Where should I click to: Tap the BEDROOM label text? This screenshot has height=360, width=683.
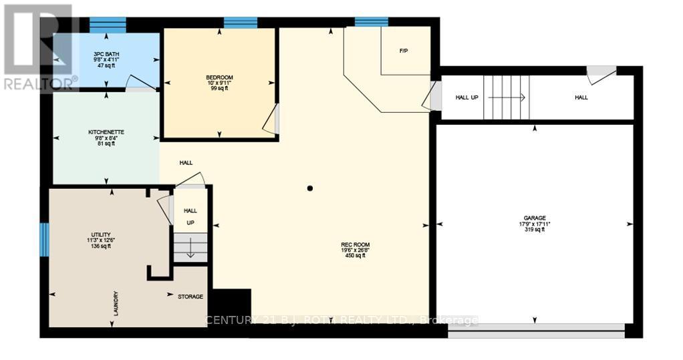coord(219,77)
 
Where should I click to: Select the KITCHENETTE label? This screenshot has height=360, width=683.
coord(106,132)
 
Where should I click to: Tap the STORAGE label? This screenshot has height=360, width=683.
coord(190,297)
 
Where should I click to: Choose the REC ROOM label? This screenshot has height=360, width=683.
coord(355,244)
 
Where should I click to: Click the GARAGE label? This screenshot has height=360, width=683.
coord(535,218)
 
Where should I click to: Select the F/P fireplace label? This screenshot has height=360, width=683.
coord(403,51)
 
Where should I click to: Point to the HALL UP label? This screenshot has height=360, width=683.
coord(466,98)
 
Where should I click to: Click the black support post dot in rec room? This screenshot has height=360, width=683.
coord(310,188)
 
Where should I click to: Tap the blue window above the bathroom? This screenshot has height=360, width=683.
coord(108,25)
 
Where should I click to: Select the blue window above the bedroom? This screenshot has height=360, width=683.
coord(241,23)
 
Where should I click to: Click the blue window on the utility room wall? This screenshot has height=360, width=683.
coord(44,240)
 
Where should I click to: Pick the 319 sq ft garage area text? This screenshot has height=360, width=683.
coord(535,230)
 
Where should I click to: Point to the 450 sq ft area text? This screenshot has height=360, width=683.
coord(355,256)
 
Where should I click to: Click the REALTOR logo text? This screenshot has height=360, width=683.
coord(40,83)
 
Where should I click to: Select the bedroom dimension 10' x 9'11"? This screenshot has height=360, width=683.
coord(219,83)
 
